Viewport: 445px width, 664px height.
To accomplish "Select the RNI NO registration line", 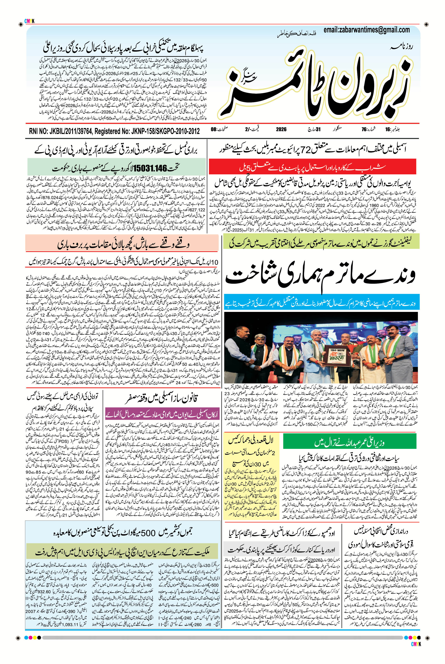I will (114, 131).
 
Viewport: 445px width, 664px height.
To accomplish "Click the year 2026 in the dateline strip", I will (281, 130).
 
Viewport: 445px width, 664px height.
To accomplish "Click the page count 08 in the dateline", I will (214, 130).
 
